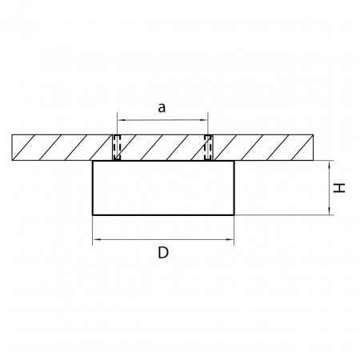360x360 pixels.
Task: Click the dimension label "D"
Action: pyautogui.click(x=162, y=253)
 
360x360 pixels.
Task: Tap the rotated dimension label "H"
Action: pyautogui.click(x=339, y=188)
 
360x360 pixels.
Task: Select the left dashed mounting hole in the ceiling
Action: pyautogui.click(x=116, y=147)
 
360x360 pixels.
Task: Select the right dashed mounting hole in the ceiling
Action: pyautogui.click(x=209, y=147)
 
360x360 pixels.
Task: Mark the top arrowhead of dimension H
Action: pyautogui.click(x=330, y=163)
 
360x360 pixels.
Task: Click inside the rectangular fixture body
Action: pyautogui.click(x=163, y=188)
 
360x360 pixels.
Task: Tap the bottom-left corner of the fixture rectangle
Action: pyautogui.click(x=94, y=214)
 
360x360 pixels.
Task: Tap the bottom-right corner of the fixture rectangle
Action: pyautogui.click(x=233, y=214)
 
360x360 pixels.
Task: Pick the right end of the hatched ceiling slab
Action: pyautogui.click(x=313, y=147)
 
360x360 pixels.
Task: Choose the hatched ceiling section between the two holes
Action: pyautogui.click(x=162, y=147)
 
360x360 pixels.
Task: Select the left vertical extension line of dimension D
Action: pyautogui.click(x=94, y=228)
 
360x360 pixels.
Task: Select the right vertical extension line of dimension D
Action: pyautogui.click(x=233, y=228)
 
